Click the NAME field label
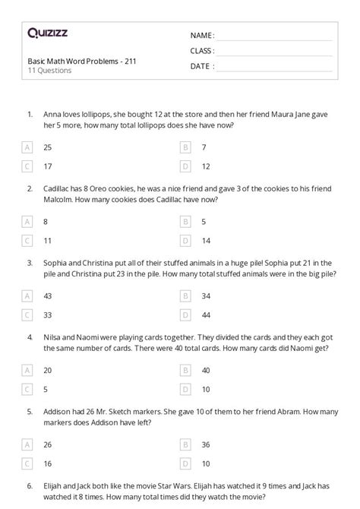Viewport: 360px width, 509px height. pos(202,35)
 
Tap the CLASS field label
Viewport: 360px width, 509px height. pos(202,51)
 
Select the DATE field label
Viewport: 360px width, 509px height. pos(201,66)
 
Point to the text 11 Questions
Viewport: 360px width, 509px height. pos(49,71)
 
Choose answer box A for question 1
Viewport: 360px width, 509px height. pos(28,148)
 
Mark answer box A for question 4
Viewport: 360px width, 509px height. pos(28,370)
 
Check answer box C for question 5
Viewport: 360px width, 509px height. pos(28,463)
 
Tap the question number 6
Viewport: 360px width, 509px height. pos(29,484)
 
